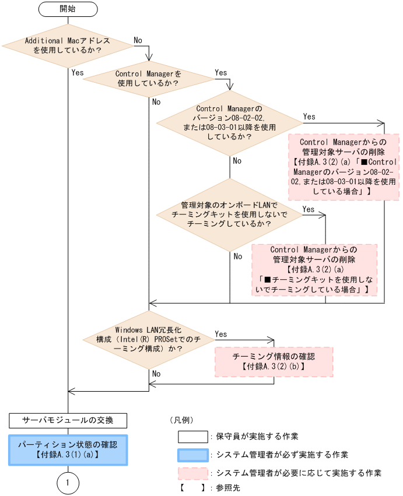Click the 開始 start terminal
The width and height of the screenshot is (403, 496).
pos(68,9)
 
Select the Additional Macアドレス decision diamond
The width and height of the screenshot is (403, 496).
pos(68,45)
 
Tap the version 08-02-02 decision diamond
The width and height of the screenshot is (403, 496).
pos(229,123)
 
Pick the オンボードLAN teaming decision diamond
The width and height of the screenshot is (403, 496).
pos(229,214)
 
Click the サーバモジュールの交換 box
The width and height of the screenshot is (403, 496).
pos(68,419)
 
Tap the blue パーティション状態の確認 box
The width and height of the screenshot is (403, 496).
pos(68,449)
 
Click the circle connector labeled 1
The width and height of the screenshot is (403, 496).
pos(68,483)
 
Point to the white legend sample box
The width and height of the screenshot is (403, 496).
pos(192,436)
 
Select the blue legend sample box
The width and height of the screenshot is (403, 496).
pos(192,455)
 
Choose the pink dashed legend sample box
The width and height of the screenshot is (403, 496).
pos(192,473)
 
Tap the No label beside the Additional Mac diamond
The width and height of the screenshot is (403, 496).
pos(138,40)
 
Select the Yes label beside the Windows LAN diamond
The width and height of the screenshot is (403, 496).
pos(221,334)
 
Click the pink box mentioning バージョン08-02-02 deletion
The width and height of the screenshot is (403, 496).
pos(344,166)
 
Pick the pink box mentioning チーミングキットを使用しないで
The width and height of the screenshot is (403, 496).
pos(314,269)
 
